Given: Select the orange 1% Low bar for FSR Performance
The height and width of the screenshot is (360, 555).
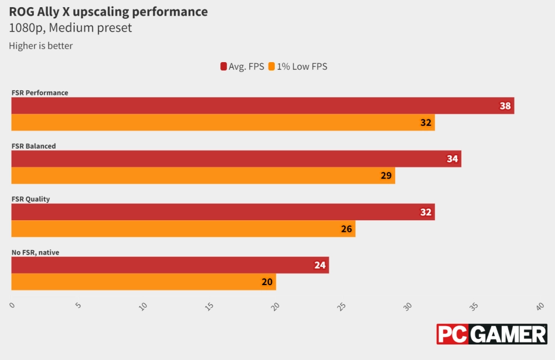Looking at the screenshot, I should (222, 123).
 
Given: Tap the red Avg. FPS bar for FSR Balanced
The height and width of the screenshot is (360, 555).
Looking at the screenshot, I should (236, 159).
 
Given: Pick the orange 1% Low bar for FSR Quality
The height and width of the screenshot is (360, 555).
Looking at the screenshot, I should (183, 229).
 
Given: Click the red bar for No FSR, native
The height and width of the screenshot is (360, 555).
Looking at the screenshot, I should (170, 265).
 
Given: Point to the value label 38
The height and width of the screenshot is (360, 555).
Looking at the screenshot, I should (505, 106).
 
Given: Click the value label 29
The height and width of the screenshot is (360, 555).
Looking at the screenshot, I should (386, 176).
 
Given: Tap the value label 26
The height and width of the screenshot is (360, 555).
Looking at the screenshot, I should (346, 229).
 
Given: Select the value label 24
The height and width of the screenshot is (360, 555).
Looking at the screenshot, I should (320, 265).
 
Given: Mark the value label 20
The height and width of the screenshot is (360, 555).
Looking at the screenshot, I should (267, 282).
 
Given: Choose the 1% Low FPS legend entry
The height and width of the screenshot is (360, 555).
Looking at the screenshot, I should (298, 67).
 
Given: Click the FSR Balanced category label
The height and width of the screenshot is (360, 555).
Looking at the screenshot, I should (34, 146).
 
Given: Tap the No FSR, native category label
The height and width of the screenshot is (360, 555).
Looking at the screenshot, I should (36, 252).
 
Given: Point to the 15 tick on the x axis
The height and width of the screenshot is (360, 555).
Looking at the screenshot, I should (209, 306).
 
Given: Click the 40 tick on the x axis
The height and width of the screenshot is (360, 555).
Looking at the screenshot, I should (539, 306).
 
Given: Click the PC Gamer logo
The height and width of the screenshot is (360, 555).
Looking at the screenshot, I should (492, 334).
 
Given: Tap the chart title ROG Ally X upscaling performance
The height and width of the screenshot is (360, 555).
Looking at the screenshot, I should (108, 12).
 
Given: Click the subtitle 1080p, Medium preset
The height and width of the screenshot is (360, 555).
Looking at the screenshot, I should (70, 28).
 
